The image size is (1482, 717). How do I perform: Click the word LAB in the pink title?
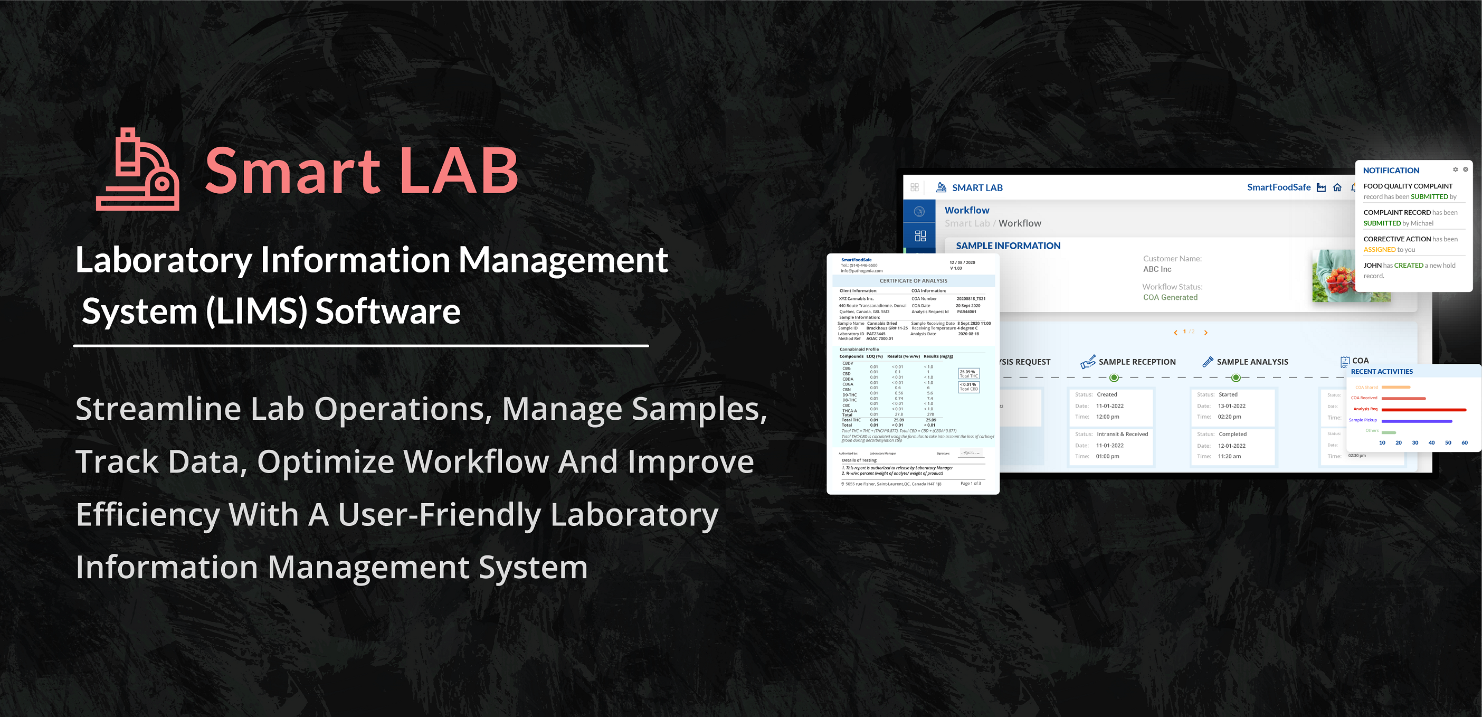coord(459,171)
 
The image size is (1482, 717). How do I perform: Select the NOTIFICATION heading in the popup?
coord(1391,171)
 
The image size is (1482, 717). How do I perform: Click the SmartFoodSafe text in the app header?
coord(1278,187)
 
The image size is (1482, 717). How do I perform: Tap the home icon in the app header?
coord(1337,187)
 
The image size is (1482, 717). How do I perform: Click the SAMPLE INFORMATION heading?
coord(1008,246)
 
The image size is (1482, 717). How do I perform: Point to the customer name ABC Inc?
coord(1157,269)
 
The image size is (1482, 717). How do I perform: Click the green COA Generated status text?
coord(1170,297)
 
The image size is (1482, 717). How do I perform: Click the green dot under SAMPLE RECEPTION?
coord(1114,378)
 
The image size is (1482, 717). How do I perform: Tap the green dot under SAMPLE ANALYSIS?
coord(1235,378)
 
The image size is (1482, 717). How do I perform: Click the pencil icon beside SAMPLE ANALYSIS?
coord(1208,361)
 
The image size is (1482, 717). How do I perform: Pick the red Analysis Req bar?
coord(1423,410)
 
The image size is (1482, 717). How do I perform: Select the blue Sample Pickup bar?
coord(1417,421)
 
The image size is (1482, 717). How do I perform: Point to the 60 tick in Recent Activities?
coord(1464,442)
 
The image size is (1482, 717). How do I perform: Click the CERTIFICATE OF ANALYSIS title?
coord(913,281)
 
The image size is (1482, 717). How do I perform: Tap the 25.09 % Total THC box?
coord(968,373)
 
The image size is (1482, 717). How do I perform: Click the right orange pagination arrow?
coord(1206,333)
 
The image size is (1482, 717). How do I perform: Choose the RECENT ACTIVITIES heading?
coord(1381,372)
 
